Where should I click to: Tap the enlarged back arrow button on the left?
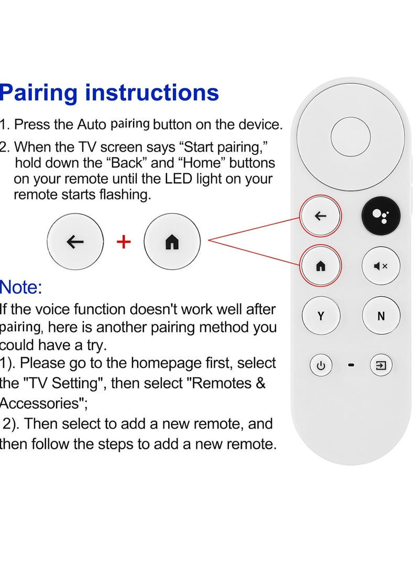tap(75, 242)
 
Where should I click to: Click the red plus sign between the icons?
tap(124, 242)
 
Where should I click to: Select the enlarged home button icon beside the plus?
tap(172, 242)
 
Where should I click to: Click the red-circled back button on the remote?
tap(321, 216)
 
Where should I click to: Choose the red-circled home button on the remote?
tap(321, 266)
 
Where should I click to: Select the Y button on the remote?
tap(321, 316)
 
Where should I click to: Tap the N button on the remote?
tap(381, 316)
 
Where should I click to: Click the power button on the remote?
tap(321, 366)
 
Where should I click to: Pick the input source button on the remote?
tap(381, 365)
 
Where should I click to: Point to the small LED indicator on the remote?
tap(351, 366)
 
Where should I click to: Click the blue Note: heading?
tap(21, 287)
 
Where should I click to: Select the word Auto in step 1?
tap(92, 125)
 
